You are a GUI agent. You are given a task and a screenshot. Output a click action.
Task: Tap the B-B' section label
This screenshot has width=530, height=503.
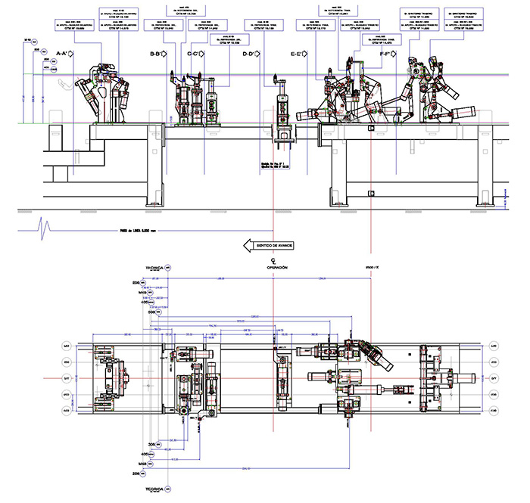pyautogui.click(x=158, y=54)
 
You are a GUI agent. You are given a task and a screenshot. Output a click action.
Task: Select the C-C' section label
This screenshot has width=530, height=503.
pyautogui.click(x=195, y=54)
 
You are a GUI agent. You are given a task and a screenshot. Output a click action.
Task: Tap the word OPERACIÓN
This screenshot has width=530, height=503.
pyautogui.click(x=277, y=268)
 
